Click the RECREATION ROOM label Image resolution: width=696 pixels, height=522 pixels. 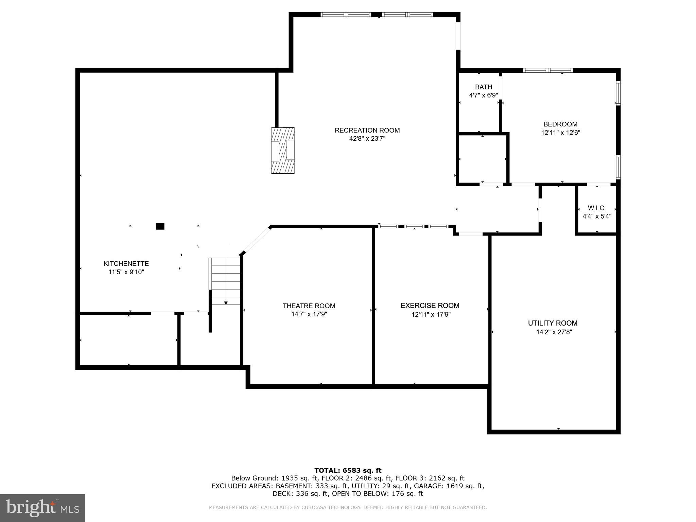click(367, 130)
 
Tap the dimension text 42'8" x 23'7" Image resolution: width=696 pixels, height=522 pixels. click(367, 139)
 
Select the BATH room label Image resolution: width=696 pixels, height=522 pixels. click(483, 87)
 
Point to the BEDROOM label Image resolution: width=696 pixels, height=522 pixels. click(560, 124)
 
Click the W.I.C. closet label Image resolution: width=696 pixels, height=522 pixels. click(596, 208)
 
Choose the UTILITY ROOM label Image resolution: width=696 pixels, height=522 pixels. click(553, 323)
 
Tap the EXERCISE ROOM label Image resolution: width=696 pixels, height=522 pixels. click(430, 306)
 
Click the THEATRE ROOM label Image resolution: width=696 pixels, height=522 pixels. click(309, 306)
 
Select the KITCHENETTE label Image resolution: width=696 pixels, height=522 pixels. click(126, 264)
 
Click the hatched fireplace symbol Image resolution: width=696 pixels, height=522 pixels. click(283, 151)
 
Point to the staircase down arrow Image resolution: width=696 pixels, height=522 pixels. click(226, 302)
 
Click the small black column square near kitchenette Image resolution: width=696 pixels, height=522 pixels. click(160, 226)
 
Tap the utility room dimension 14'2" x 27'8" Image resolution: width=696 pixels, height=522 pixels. click(554, 332)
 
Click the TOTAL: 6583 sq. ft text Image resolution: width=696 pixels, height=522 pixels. click(348, 470)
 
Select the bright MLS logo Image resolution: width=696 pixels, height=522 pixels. click(42, 508)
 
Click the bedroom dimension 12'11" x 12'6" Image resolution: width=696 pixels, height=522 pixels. click(560, 133)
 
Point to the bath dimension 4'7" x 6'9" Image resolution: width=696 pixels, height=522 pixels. click(483, 95)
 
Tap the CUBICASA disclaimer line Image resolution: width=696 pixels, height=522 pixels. click(348, 507)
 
